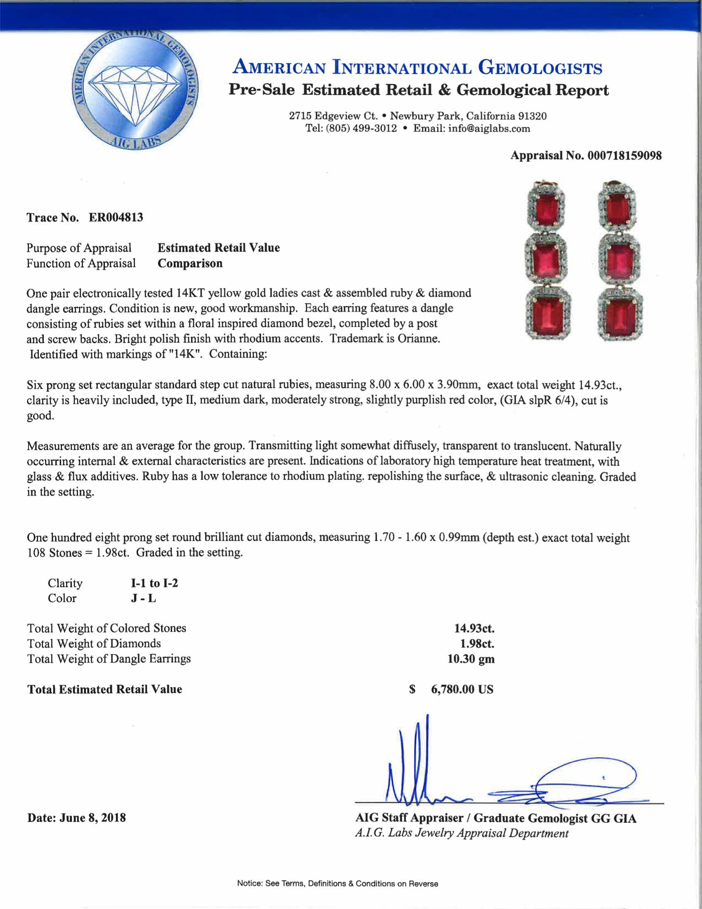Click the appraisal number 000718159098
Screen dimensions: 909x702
point(624,156)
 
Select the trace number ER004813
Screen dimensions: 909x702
point(116,217)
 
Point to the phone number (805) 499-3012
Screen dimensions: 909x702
point(361,128)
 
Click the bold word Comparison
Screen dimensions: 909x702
point(190,264)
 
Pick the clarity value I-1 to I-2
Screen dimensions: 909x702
point(154,583)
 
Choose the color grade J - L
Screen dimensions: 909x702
point(143,599)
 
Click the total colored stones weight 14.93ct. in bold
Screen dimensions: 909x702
point(474,628)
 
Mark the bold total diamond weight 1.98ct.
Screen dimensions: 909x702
point(477,643)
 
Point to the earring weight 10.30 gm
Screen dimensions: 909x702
point(471,659)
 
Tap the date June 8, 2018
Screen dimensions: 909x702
point(92,818)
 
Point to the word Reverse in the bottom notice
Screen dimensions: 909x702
point(423,884)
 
